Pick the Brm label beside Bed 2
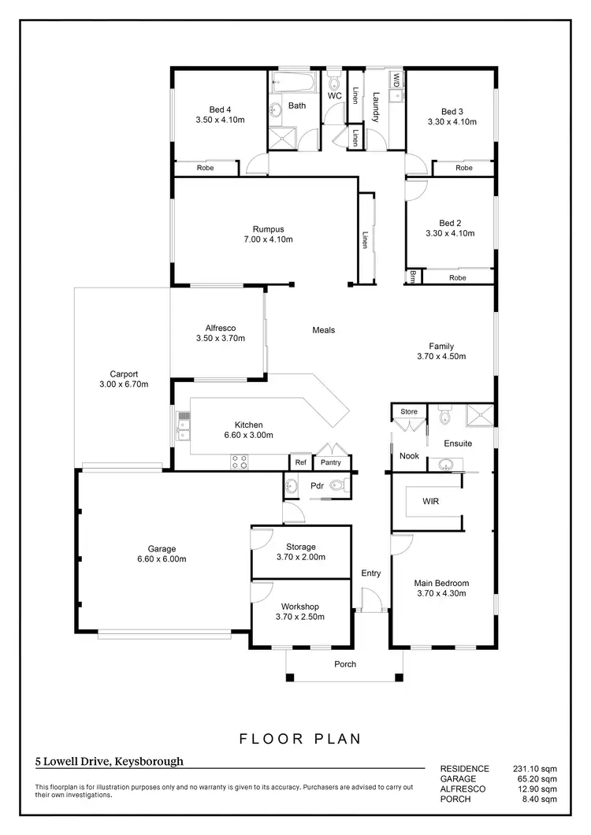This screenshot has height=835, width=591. click(x=413, y=276)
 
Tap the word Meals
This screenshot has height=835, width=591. click(x=323, y=330)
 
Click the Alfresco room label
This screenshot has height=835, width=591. click(x=221, y=328)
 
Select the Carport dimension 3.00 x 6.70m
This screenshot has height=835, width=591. click(x=125, y=384)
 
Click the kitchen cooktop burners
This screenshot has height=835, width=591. click(x=240, y=462)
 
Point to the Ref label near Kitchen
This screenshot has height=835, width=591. click(x=301, y=462)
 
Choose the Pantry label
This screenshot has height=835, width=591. click(x=331, y=462)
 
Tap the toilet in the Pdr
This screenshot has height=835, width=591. click(x=338, y=486)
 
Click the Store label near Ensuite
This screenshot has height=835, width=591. click(x=408, y=411)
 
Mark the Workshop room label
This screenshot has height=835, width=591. click(x=299, y=606)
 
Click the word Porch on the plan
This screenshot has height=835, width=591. click(x=345, y=664)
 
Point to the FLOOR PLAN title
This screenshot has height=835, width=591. click(x=300, y=739)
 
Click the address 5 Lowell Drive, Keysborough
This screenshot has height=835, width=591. click(x=109, y=762)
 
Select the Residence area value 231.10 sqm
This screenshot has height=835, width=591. click(x=536, y=769)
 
